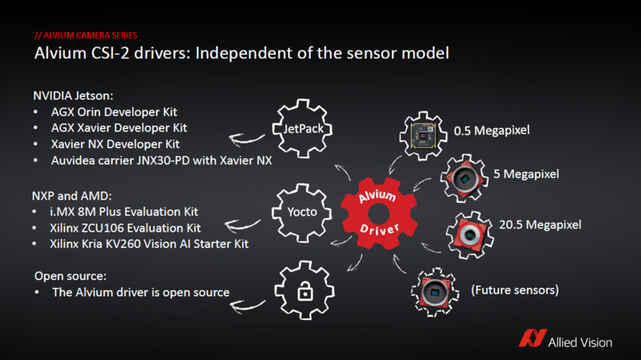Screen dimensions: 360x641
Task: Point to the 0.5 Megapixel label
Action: click(x=490, y=130)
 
